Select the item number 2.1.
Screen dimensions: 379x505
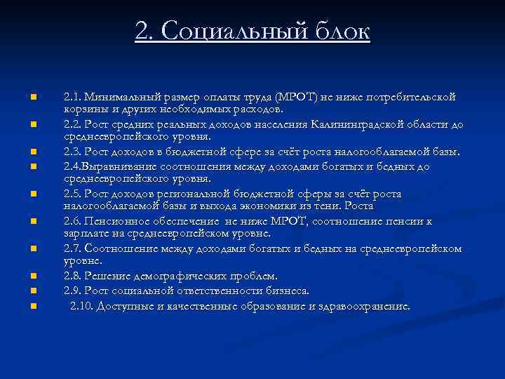[73, 96]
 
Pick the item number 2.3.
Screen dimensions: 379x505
[73, 152]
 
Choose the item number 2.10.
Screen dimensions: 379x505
[81, 305]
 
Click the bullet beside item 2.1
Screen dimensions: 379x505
[32, 96]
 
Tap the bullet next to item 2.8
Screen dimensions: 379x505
[32, 276]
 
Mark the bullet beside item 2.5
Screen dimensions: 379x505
[32, 194]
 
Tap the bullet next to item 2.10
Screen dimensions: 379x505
[32, 305]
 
